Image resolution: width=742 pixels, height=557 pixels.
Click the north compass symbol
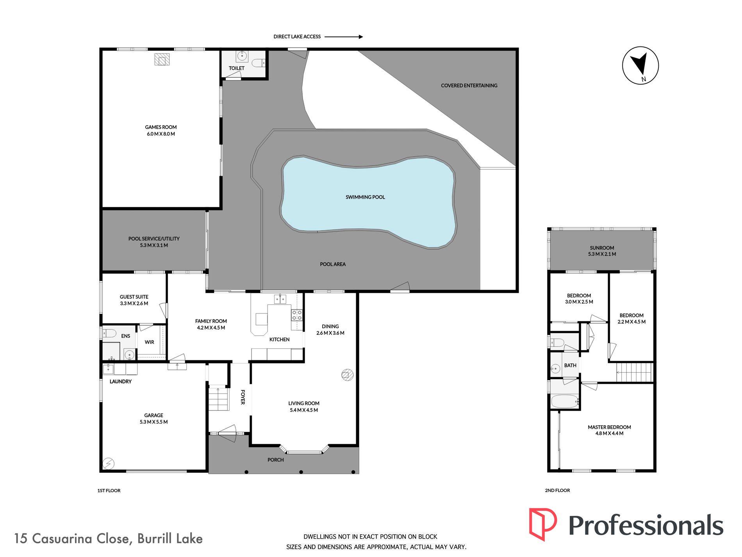click(640, 66)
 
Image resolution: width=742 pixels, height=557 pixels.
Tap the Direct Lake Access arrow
click(344, 37)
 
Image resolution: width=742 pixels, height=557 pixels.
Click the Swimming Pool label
click(365, 197)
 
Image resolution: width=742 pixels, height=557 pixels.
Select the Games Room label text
click(161, 127)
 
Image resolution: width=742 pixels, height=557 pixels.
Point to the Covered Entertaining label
click(469, 85)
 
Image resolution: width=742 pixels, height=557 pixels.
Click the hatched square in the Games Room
click(162, 59)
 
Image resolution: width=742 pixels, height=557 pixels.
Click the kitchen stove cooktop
click(297, 315)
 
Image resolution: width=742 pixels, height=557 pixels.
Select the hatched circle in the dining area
click(347, 375)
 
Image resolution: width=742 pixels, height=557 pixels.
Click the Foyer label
click(243, 397)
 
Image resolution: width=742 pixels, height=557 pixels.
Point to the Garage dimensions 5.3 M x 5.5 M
click(154, 422)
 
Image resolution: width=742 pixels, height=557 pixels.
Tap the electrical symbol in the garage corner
click(108, 464)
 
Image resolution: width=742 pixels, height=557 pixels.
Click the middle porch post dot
click(301, 472)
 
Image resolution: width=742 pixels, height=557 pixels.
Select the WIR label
click(150, 342)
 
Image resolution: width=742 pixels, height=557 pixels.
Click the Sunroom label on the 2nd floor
click(602, 248)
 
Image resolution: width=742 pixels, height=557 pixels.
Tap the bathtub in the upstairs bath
click(564, 401)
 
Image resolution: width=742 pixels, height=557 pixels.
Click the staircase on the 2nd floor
click(634, 372)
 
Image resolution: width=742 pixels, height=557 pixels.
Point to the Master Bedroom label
click(609, 427)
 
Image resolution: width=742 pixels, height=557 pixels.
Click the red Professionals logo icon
click(543, 524)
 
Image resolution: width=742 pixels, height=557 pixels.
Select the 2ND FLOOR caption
click(557, 490)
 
